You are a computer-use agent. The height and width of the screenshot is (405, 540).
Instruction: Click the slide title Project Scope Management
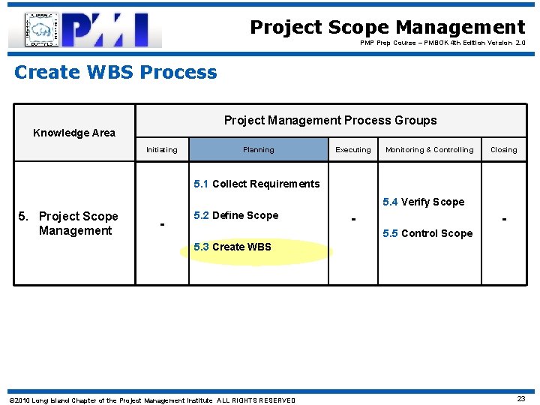pos(387,28)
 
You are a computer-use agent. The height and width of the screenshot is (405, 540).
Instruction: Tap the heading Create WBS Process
pos(115,73)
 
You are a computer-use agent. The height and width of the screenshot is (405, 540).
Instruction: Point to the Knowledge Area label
pos(74,133)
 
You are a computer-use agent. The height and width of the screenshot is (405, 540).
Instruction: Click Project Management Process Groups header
pos(330,120)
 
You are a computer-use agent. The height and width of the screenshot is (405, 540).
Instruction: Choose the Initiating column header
pos(162,150)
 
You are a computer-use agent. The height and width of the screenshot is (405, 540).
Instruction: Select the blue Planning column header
pos(258,150)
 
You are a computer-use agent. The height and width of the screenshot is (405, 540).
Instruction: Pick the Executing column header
pos(352,150)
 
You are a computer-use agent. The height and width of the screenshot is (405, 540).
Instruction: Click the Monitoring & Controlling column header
pos(429,150)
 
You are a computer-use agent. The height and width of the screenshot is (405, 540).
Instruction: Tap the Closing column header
pos(503,150)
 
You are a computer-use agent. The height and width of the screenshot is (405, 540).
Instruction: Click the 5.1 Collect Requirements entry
pos(256,184)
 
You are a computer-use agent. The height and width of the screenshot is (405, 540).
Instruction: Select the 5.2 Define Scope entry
pos(235,215)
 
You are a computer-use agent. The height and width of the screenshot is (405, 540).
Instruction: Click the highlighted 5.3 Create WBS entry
pos(232,247)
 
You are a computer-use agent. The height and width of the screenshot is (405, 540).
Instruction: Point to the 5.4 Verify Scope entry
pos(423,202)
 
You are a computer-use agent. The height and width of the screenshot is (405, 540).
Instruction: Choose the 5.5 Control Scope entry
pos(427,233)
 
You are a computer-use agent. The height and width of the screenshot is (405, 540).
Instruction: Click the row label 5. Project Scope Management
pos(74,223)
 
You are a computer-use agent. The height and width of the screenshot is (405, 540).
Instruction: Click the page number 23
pos(520,399)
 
